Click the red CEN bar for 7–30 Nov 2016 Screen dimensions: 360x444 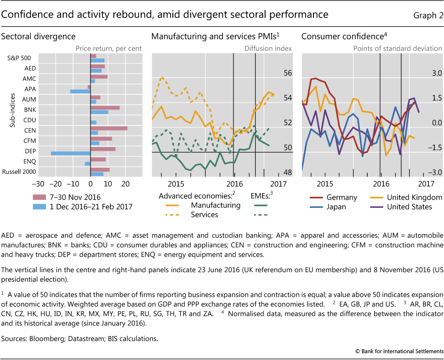tap(109, 128)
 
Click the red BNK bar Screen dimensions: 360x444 tap(105, 108)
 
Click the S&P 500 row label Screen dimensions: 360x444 tap(19, 58)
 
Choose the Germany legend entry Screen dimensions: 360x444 tap(342, 197)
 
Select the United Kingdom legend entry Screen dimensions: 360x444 tap(409, 197)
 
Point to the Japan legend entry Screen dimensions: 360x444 tap(336, 207)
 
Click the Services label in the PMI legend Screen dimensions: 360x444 tap(204, 215)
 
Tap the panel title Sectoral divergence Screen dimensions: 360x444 tap(39, 36)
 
